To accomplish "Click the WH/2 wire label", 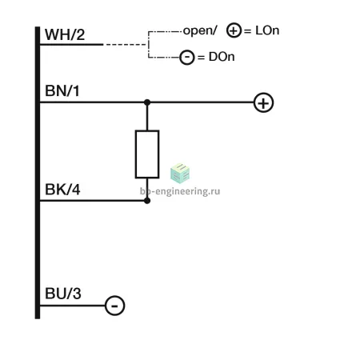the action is [65, 34].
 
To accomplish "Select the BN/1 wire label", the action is [62, 91].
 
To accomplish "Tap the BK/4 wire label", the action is [62, 190].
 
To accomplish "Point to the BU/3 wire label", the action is [63, 294].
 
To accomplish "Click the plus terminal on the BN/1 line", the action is [263, 102].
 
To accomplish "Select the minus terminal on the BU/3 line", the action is [114, 306].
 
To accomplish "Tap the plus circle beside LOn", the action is [234, 30].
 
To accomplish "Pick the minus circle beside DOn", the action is [187, 57].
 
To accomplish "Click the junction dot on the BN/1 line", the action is [147, 102].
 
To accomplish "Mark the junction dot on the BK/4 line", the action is [147, 201].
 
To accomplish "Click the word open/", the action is [200, 30].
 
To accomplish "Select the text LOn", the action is [267, 30].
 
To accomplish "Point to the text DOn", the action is [222, 57].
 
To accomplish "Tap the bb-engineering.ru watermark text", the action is [180, 191].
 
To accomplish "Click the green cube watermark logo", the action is [180, 174].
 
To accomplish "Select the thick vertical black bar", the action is [38, 173].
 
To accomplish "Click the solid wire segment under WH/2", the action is [71, 45].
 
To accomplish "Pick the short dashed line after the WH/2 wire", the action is [126, 45].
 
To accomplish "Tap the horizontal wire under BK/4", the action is [94, 201].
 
